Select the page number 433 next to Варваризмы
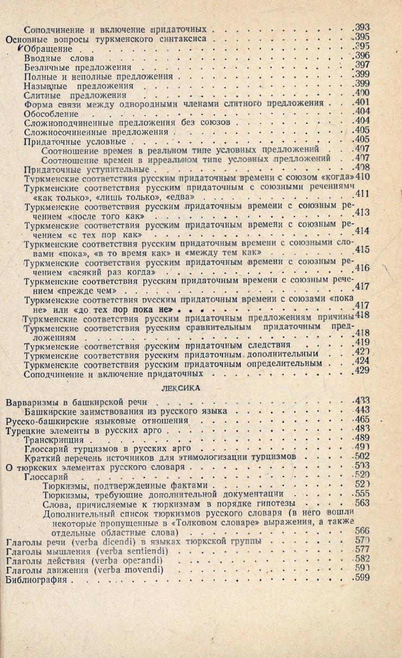(x=361, y=400)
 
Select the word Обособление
(x=52, y=114)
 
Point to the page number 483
(x=361, y=429)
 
